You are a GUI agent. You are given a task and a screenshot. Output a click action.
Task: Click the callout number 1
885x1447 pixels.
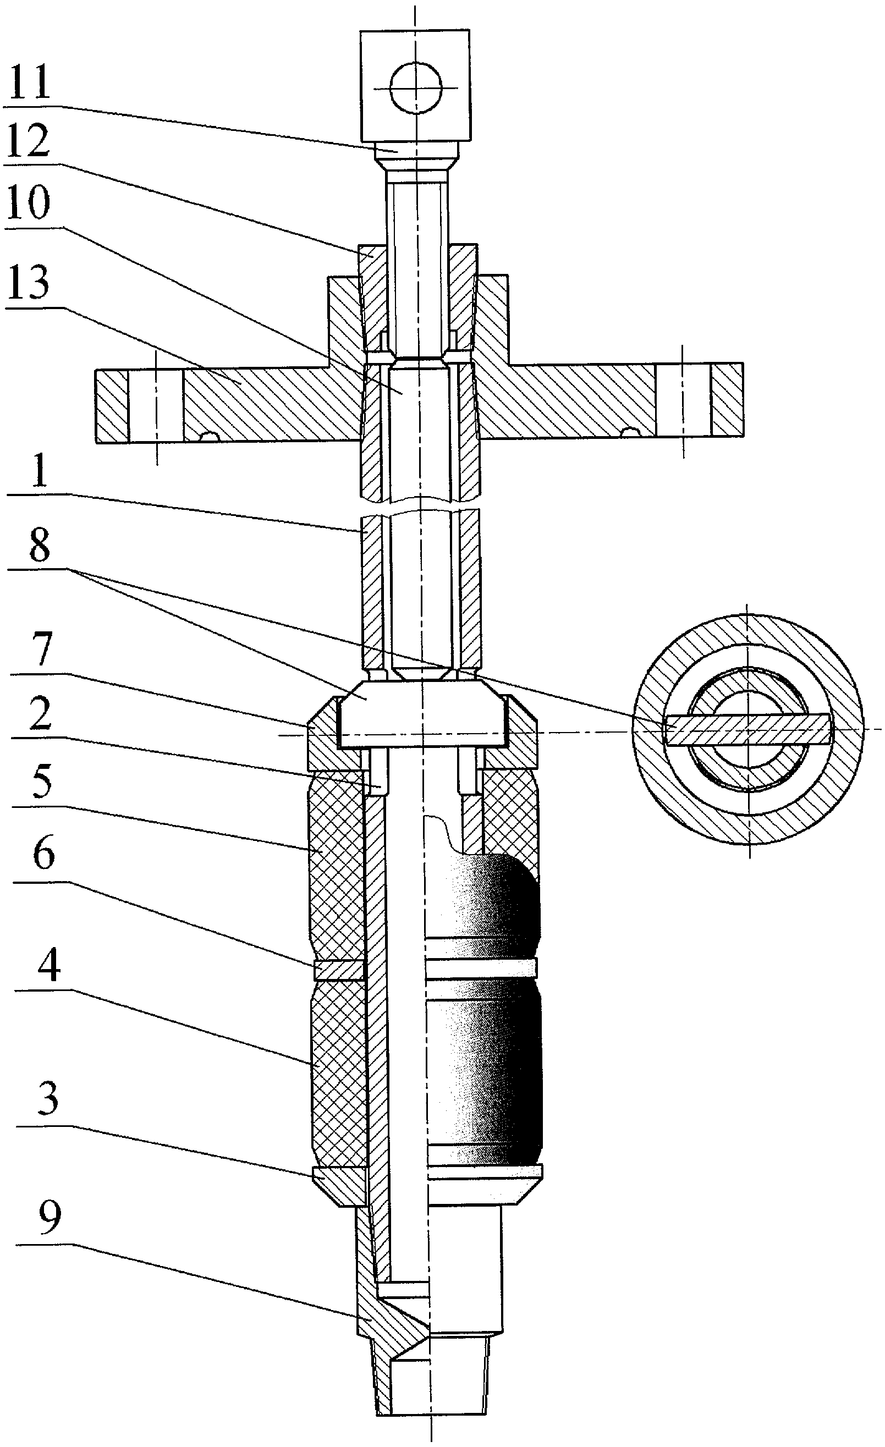click(40, 473)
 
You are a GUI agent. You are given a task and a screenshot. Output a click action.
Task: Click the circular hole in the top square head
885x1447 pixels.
click(416, 88)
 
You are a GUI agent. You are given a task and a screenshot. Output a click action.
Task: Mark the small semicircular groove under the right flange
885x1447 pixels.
click(631, 433)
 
